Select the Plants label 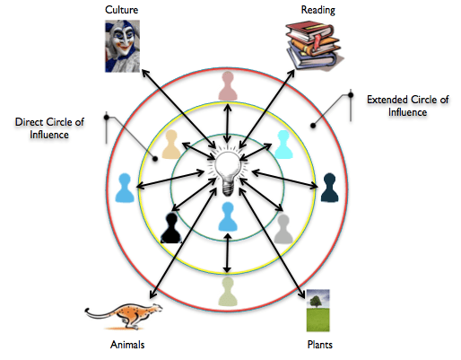click(321, 345)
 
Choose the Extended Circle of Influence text click(408, 105)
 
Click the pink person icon click(229, 86)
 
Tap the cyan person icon click(283, 144)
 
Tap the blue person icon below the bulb click(229, 217)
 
